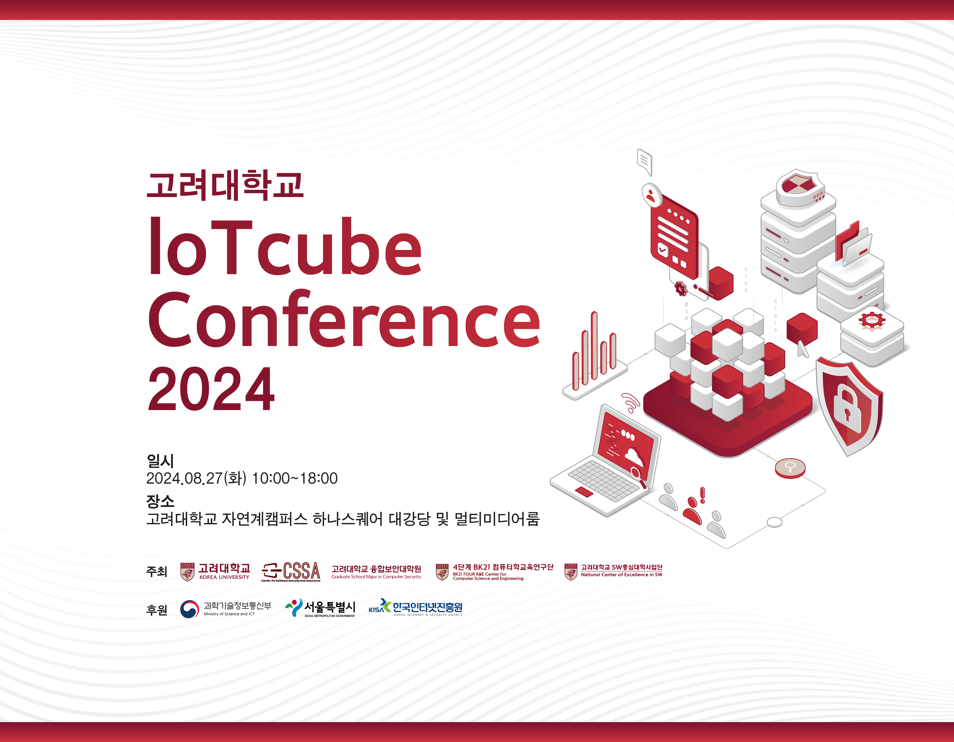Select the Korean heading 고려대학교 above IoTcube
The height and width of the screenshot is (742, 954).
225,186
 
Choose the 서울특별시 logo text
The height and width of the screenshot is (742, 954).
330,607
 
